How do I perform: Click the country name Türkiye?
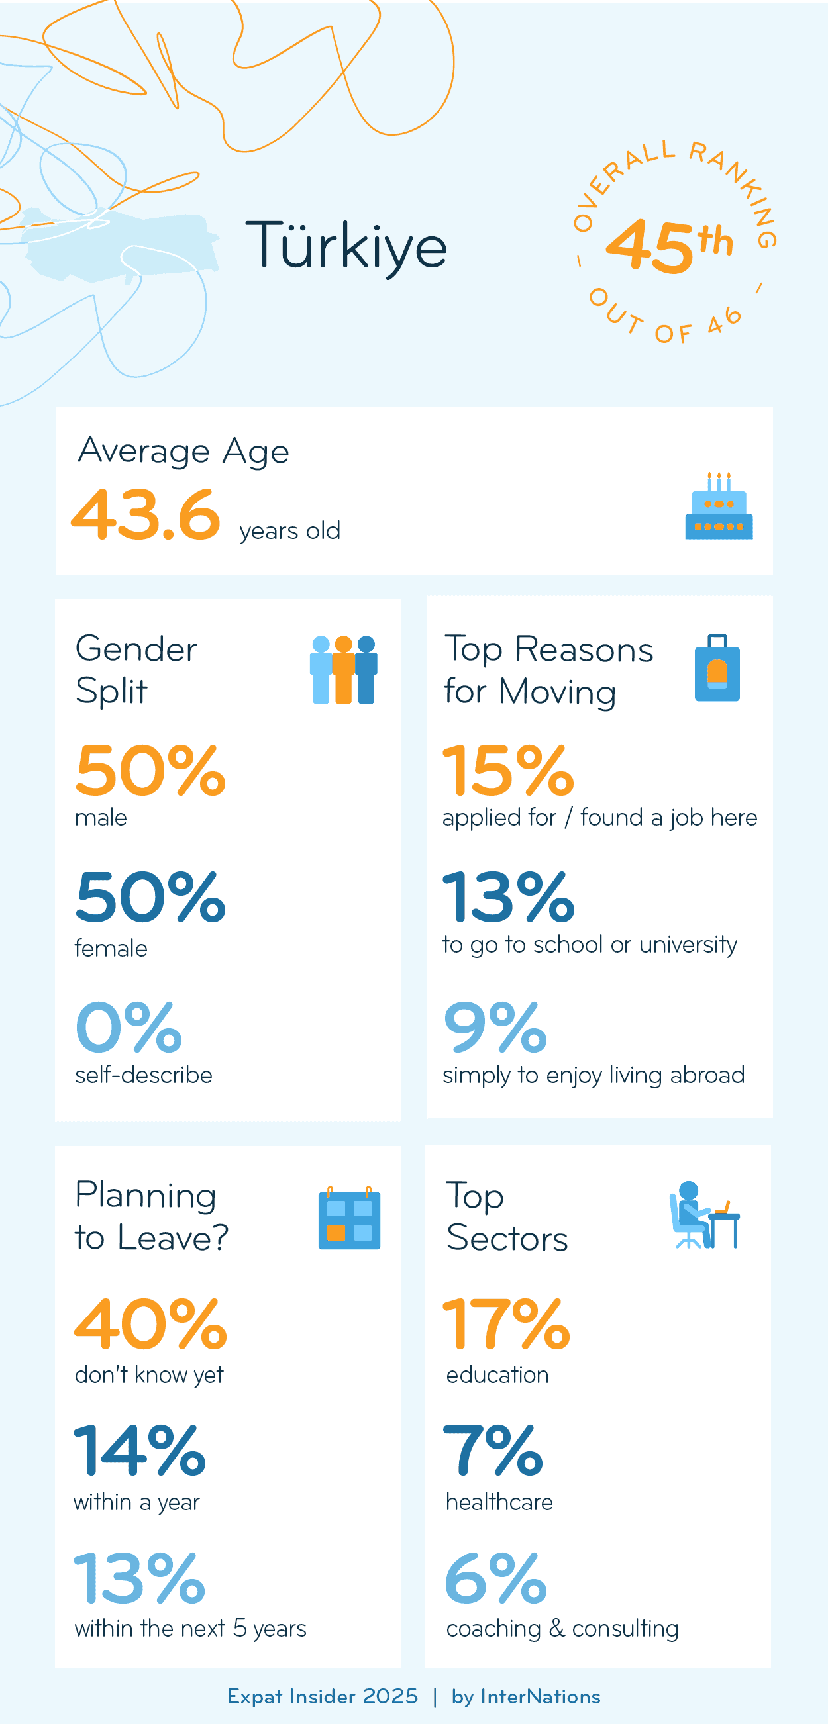346,246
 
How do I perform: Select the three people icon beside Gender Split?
343,669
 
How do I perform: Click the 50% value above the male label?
150,771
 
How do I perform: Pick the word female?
111,948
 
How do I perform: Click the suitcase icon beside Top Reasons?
717,669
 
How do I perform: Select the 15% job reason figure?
508,771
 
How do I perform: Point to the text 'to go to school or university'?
589,944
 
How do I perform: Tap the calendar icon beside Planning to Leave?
349,1218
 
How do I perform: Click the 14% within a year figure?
139,1450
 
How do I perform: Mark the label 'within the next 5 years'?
190,1628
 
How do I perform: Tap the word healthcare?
499,1502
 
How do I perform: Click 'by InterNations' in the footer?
526,1697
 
